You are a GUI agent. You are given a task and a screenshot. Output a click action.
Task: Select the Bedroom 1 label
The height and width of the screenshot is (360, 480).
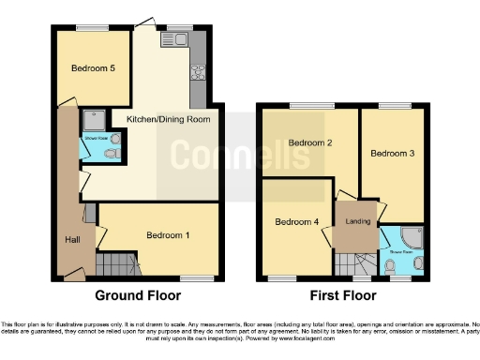pyautogui.click(x=169, y=235)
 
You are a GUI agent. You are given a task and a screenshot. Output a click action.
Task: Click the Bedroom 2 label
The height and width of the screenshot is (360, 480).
pyautogui.click(x=311, y=143)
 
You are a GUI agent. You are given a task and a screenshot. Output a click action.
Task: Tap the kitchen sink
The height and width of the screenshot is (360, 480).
pyautogui.click(x=177, y=40)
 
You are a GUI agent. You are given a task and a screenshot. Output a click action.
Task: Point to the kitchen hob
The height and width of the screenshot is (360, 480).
pyautogui.click(x=197, y=69)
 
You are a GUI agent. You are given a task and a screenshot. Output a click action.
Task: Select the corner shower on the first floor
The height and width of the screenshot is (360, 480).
pyautogui.click(x=412, y=236)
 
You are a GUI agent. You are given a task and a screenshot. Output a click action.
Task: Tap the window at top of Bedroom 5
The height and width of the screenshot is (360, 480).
pyautogui.click(x=92, y=29)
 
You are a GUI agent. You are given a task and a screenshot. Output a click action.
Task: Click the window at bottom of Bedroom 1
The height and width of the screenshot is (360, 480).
pyautogui.click(x=196, y=277)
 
